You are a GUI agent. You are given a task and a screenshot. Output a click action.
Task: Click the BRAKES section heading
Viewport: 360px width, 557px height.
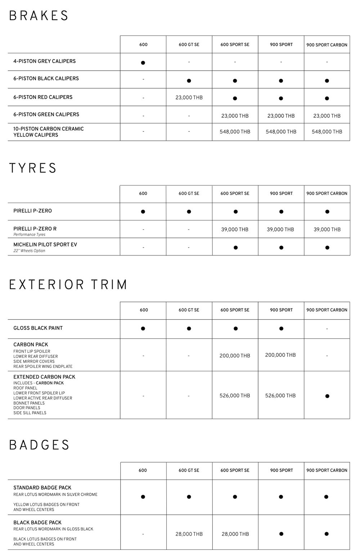pos(39,16)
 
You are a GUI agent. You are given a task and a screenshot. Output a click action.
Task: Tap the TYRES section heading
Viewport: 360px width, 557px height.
pos(33,168)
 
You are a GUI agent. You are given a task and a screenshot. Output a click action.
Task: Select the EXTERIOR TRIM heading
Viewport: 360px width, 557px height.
pos(68,285)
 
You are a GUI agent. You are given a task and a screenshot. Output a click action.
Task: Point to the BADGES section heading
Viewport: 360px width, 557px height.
pos(39,445)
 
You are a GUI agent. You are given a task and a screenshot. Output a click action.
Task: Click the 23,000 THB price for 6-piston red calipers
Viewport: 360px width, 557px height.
pos(189,97)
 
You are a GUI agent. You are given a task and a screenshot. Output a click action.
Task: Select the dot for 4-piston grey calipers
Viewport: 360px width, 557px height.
pos(143,63)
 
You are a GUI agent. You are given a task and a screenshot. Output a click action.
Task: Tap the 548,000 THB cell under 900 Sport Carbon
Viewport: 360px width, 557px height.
pos(327,132)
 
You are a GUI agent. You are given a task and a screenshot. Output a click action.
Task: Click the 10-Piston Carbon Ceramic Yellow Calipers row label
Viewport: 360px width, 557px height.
pos(49,132)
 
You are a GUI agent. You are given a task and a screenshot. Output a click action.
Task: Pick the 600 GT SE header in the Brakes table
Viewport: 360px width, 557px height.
pos(189,45)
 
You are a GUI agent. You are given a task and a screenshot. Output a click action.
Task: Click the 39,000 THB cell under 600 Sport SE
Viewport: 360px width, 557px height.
pos(235,229)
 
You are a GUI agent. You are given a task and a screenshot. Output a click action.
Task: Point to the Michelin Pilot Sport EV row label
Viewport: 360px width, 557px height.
pos(45,245)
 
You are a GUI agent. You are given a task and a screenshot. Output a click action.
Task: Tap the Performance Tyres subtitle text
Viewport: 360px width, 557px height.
pos(29,235)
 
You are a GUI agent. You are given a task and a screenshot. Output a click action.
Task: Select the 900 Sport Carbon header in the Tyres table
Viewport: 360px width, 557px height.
pos(327,193)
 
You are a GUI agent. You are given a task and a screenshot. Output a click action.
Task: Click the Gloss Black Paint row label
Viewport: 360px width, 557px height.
pos(38,328)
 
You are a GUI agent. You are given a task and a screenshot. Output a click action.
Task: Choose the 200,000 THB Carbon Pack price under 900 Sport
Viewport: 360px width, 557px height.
pos(280,355)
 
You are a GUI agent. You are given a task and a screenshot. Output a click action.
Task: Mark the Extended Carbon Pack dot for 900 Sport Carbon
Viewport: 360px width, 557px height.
pos(327,396)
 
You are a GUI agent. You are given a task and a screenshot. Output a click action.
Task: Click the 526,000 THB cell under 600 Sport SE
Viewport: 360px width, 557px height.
pos(235,395)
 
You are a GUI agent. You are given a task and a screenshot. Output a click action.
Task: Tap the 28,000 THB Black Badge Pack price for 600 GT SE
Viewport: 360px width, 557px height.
pos(189,534)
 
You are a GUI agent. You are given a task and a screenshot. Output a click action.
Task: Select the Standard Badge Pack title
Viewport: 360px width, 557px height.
pos(42,487)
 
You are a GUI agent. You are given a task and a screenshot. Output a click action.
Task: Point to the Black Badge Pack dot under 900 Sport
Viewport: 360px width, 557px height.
pos(281,534)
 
